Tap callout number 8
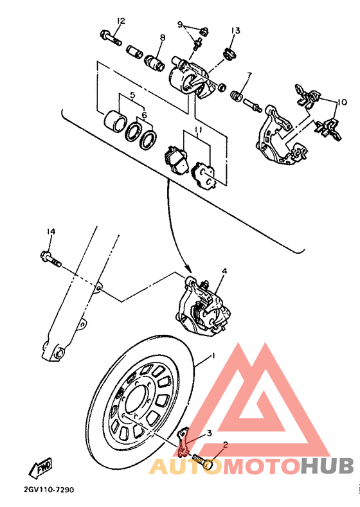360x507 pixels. (x=162, y=38)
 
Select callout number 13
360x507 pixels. (x=235, y=30)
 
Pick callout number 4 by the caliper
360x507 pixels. (x=224, y=272)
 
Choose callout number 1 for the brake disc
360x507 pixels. (x=213, y=355)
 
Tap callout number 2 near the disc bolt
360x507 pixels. (x=226, y=443)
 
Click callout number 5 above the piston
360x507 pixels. (x=132, y=95)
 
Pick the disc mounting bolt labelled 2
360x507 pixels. (x=205, y=461)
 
